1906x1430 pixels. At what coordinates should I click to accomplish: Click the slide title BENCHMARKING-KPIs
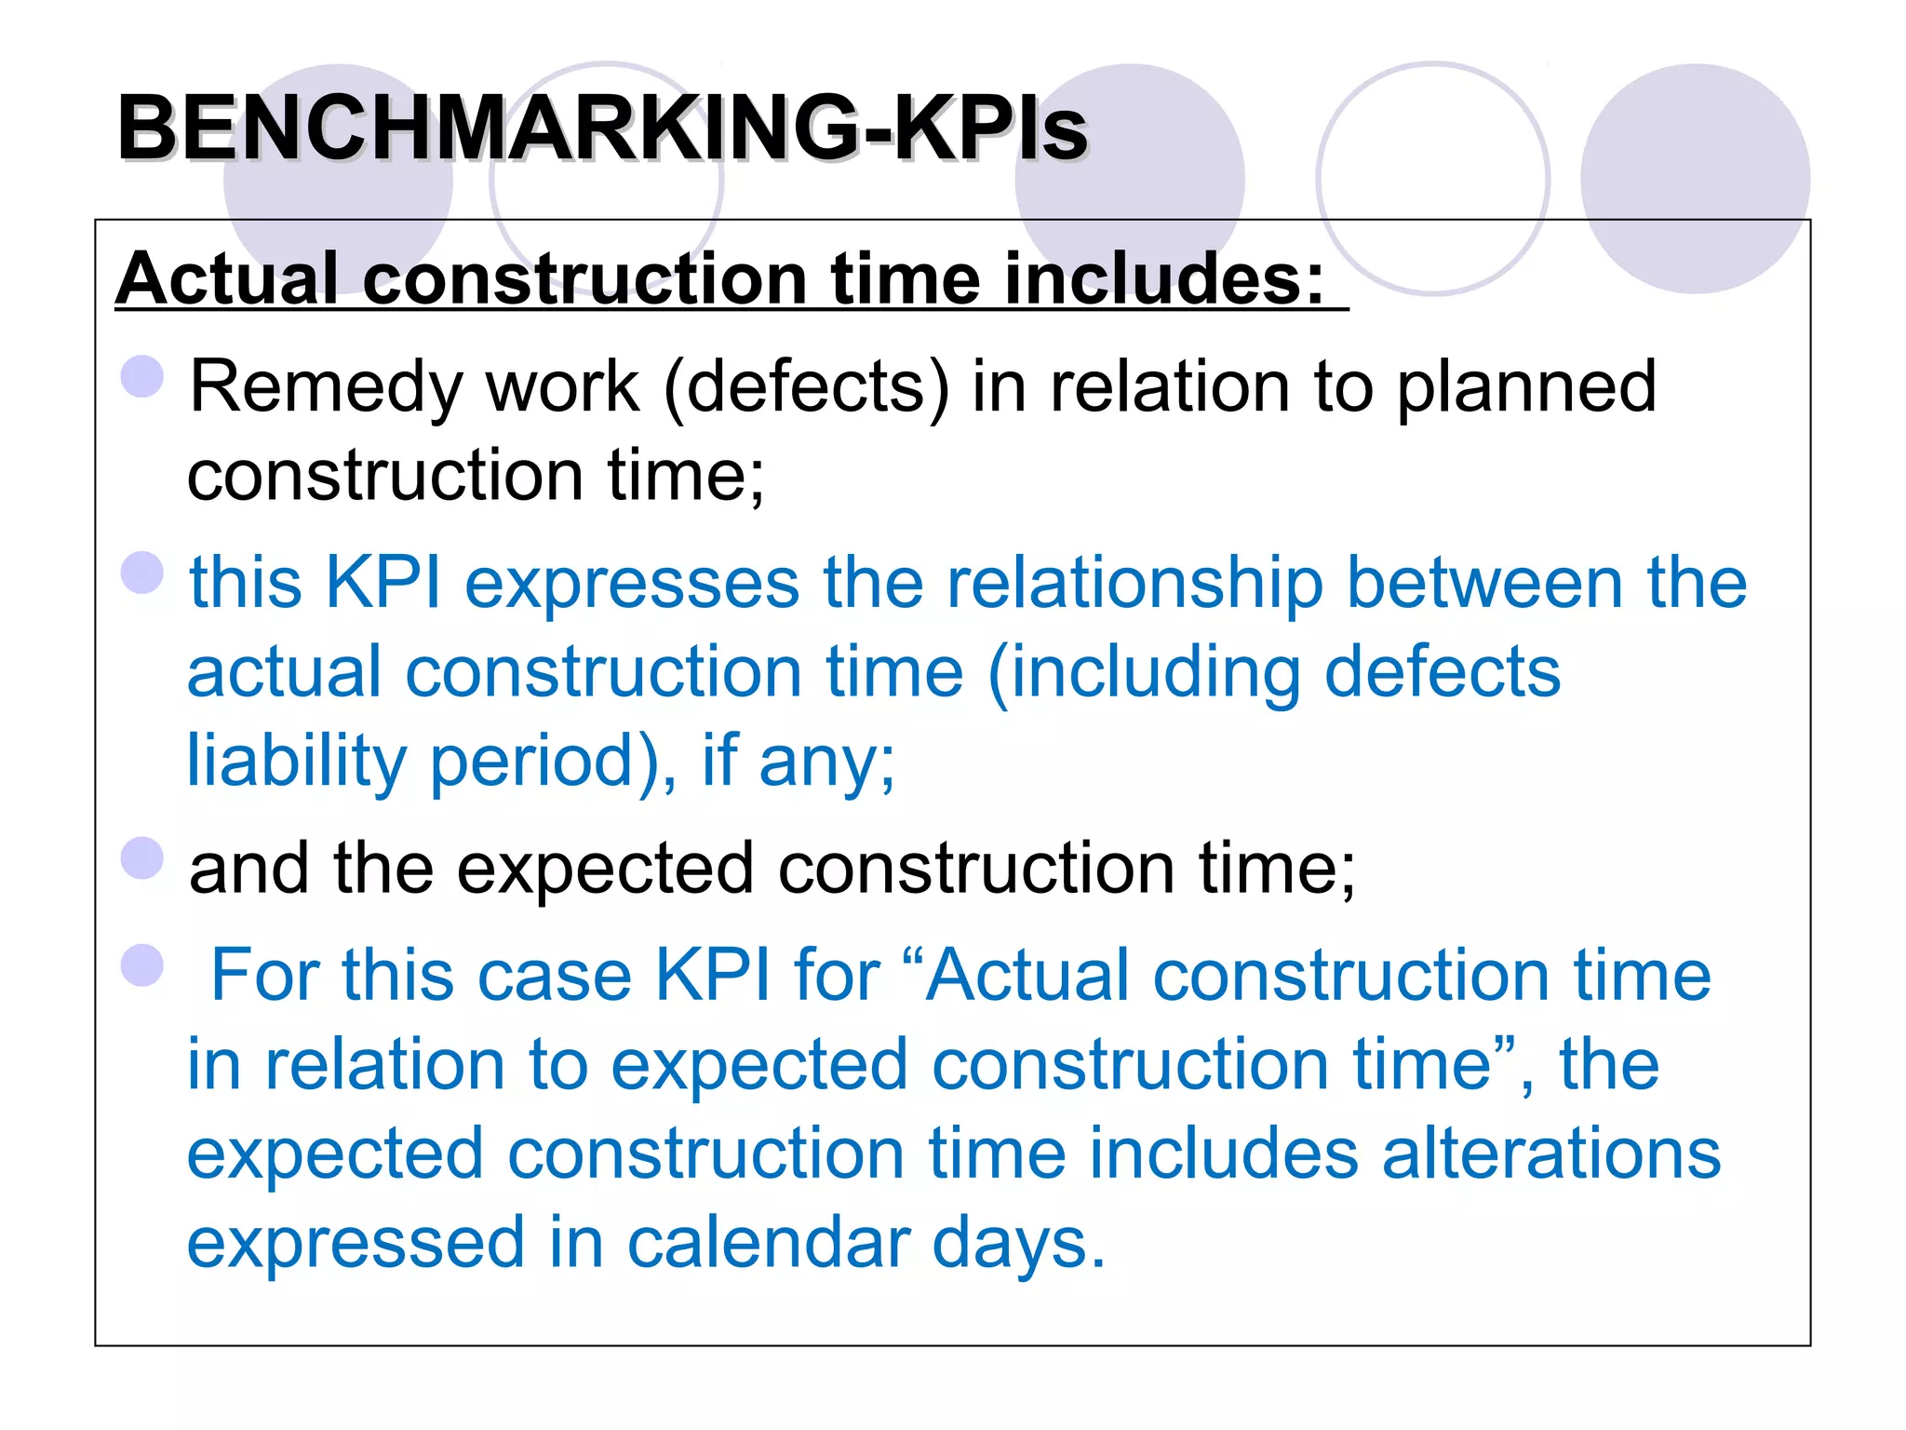pyautogui.click(x=602, y=128)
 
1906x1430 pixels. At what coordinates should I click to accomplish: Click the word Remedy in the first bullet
pyautogui.click(x=327, y=387)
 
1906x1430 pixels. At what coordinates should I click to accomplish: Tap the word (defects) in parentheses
pyautogui.click(x=806, y=387)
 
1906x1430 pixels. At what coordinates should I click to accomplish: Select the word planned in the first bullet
pyautogui.click(x=1526, y=387)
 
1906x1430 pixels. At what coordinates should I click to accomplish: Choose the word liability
pyautogui.click(x=296, y=762)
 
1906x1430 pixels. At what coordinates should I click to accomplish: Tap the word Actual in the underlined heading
pyautogui.click(x=227, y=278)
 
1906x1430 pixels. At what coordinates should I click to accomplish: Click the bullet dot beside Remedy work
pyautogui.click(x=142, y=377)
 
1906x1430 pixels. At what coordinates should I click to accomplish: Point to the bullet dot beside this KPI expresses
pyautogui.click(x=142, y=573)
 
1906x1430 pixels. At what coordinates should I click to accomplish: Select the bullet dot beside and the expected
pyautogui.click(x=142, y=857)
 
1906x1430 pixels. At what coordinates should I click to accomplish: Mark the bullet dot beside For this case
pyautogui.click(x=142, y=965)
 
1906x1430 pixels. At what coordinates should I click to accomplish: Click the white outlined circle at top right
pyautogui.click(x=1433, y=179)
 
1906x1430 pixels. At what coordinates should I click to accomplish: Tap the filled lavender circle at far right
pyautogui.click(x=1695, y=179)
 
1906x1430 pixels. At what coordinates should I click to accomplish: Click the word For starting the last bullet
pyautogui.click(x=265, y=976)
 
